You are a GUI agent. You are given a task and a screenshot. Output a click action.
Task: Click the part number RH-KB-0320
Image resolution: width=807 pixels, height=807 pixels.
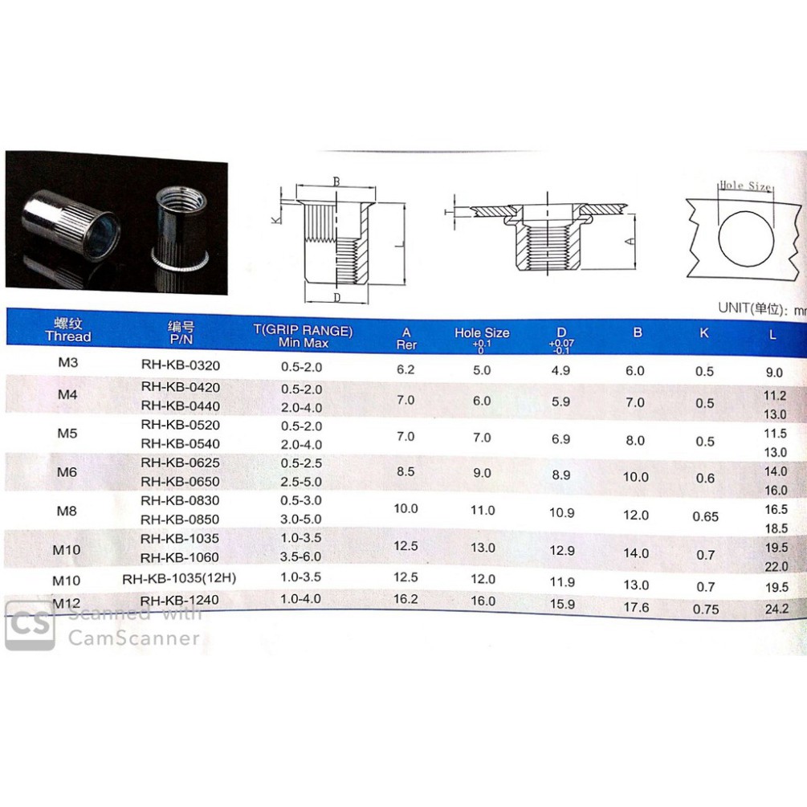pos(180,365)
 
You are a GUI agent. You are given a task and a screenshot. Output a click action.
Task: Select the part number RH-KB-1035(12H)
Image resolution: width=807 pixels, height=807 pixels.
pos(179,578)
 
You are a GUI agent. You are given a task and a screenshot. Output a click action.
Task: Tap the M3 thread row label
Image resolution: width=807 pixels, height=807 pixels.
pos(67,362)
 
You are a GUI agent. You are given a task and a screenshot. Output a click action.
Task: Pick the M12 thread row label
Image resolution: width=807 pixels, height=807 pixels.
pos(68,602)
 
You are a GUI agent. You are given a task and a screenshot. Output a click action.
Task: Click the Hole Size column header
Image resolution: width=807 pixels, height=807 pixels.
pos(482,333)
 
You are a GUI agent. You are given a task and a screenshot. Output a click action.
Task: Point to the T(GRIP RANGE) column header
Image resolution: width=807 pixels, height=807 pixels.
pos(303,336)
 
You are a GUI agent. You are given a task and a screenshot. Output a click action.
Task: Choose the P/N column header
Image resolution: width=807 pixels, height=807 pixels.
pos(181,333)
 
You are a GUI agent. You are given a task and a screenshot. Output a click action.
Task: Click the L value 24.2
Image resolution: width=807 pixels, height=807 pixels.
pos(777,609)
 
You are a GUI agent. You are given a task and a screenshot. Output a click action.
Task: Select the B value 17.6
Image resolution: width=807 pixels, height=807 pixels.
pos(636,608)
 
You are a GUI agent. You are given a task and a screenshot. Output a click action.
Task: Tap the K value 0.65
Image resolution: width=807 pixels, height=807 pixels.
pos(705,516)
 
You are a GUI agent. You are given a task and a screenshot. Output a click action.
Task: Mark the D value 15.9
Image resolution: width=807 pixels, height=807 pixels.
pos(561,604)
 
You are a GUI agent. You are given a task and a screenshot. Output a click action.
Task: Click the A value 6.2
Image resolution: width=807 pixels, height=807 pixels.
pos(406,369)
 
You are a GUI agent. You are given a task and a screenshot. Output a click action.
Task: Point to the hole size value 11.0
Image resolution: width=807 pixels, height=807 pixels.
pos(482,510)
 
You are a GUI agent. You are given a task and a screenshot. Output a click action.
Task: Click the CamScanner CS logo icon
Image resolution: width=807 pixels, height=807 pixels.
pos(30,625)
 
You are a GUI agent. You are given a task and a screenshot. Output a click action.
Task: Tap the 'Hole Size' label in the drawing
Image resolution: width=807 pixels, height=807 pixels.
pos(744,185)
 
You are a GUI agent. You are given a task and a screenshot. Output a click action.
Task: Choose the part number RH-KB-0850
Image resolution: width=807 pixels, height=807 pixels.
pos(180,520)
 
